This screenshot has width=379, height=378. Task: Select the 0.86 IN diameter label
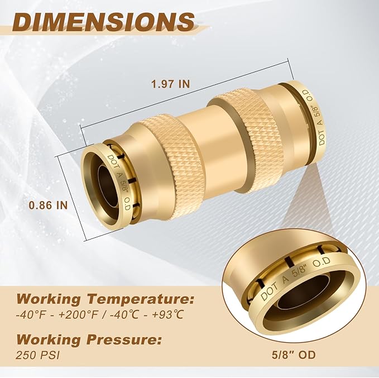click(49, 205)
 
